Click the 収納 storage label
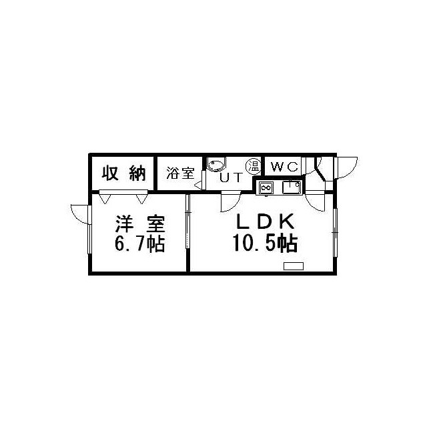pos(124,173)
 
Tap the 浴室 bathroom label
pos(180,173)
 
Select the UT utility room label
pos(231,177)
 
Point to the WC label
pos(284,166)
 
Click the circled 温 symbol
pos(254,166)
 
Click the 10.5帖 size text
pos(265,243)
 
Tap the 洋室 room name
pos(139,224)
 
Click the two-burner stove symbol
pos(266,187)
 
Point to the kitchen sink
pos(292,187)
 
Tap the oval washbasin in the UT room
pos(216,165)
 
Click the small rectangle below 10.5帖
pos(294,266)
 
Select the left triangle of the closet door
pos(105,199)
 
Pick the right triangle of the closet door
pos(141,199)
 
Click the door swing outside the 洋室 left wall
pos(80,214)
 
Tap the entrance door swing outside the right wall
pos(347,167)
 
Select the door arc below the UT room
pos(231,201)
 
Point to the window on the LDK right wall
pos(335,232)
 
